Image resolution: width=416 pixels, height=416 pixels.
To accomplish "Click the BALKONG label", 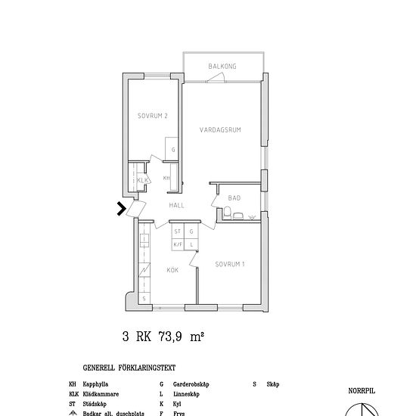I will [222, 67].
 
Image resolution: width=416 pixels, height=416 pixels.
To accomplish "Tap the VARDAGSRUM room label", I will [220, 129].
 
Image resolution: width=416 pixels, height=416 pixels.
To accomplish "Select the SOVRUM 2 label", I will [152, 116].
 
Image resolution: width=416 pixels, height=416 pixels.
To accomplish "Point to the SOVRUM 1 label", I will [229, 265].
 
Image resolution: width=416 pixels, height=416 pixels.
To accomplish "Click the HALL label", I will [177, 206].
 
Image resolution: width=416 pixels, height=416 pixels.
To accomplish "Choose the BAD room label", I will [234, 198].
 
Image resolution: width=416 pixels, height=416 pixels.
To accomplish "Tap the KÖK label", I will [172, 269].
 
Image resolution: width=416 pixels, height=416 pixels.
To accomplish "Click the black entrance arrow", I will [121, 209].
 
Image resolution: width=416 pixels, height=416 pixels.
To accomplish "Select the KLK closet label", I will [141, 179].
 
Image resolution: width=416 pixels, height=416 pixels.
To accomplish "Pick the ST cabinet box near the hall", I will [178, 231].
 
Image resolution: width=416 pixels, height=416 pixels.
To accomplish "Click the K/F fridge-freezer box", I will [178, 244].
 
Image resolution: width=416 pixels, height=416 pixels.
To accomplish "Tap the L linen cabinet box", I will [192, 244].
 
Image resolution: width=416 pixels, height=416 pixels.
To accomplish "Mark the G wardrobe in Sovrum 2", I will [173, 150].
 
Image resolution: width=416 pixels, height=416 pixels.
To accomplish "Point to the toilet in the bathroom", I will [237, 216].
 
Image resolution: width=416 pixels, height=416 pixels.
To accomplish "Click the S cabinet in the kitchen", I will [144, 299].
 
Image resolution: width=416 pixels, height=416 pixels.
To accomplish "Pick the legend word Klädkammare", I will [101, 394].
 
